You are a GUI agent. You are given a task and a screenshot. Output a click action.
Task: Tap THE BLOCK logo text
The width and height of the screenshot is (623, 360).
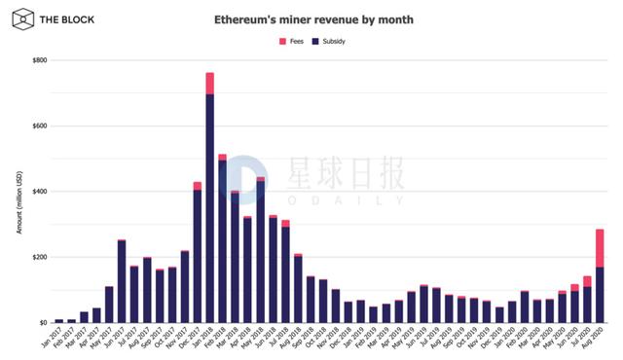(61, 18)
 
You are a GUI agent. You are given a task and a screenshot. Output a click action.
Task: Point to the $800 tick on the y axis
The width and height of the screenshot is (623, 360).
(39, 60)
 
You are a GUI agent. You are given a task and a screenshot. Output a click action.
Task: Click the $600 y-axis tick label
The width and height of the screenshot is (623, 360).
(39, 126)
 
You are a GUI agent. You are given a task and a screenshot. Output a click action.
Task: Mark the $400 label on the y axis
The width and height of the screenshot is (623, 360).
(39, 192)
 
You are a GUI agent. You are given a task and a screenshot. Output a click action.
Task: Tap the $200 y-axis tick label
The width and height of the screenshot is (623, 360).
(39, 257)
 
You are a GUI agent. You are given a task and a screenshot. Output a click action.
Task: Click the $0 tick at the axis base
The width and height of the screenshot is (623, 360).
(43, 322)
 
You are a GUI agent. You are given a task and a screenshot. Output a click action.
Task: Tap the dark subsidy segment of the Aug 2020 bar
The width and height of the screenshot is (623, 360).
(601, 294)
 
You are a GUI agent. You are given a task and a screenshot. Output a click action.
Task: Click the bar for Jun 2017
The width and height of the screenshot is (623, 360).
(122, 281)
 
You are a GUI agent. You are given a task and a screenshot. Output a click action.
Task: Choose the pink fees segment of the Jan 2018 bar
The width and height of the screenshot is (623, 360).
(210, 83)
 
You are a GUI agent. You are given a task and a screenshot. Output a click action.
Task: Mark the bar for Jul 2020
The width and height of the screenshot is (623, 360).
(588, 302)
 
